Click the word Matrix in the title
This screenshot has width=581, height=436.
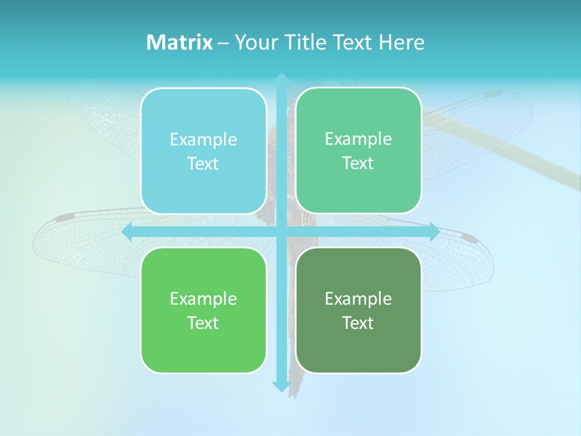point(179,42)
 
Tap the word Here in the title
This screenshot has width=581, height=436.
point(401,42)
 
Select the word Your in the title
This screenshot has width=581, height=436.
point(255,42)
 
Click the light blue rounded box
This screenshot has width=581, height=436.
point(203,151)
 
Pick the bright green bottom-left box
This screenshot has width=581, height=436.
point(203,310)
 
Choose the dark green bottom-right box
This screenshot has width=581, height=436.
point(358,310)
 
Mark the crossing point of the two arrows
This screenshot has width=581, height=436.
point(281,232)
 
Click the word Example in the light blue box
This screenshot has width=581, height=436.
point(203,139)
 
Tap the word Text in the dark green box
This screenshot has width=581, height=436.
point(358,323)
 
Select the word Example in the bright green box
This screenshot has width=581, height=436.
point(203,299)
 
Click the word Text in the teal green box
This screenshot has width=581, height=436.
point(358,163)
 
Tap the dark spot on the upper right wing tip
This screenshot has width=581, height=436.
point(493,94)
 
